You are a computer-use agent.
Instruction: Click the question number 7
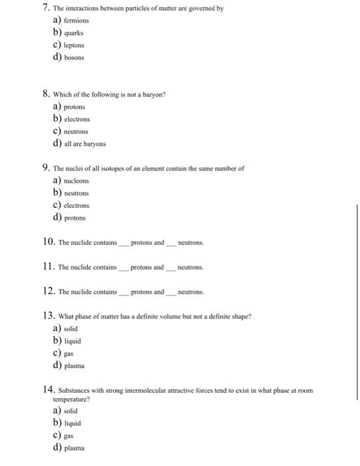(45, 8)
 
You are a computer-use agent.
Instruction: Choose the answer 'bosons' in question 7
(75, 57)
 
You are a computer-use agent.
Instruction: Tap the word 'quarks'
(74, 32)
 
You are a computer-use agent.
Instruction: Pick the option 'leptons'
(75, 45)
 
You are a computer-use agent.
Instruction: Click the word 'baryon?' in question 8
(152, 95)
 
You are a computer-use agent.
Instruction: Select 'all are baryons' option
(85, 144)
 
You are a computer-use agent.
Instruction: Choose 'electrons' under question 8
(77, 119)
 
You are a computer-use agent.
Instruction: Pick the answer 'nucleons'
(77, 180)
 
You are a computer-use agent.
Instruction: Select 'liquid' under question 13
(73, 341)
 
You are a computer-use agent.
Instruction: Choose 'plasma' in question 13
(75, 365)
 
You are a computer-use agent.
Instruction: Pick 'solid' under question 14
(71, 411)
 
